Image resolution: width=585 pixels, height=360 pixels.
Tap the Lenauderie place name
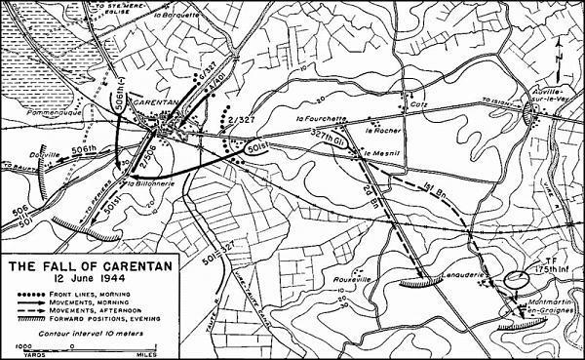[463, 261]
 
